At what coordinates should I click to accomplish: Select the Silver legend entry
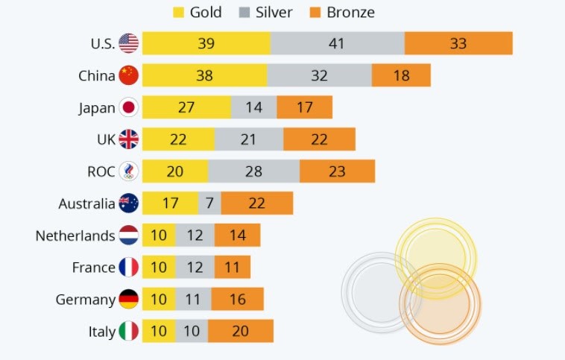(x=267, y=12)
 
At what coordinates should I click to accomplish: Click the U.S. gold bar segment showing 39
(x=206, y=43)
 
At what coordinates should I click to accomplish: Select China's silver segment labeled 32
(x=319, y=75)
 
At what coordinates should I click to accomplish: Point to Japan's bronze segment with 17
(x=304, y=107)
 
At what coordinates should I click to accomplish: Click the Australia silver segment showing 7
(x=209, y=203)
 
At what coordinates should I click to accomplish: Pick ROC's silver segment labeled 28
(x=253, y=171)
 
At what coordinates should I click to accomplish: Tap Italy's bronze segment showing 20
(x=240, y=332)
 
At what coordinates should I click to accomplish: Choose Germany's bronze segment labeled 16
(x=237, y=300)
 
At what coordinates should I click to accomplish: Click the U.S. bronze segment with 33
(x=458, y=43)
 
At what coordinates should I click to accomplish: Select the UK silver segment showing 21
(x=248, y=139)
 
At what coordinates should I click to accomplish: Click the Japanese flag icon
(x=129, y=107)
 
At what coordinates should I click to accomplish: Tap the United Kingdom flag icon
(x=129, y=139)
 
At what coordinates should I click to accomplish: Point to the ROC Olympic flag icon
(x=129, y=171)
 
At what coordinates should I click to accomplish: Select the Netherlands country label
(x=75, y=236)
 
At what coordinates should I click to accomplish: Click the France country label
(x=93, y=268)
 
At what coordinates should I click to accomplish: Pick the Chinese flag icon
(x=129, y=75)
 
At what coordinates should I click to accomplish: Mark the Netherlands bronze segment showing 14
(x=238, y=236)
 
